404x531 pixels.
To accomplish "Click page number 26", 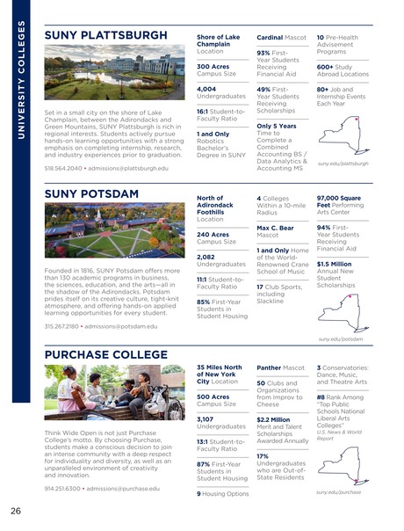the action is (x=16, y=511).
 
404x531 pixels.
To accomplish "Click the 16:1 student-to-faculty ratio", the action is (x=204, y=111).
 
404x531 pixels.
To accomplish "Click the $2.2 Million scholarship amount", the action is (x=274, y=420).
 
